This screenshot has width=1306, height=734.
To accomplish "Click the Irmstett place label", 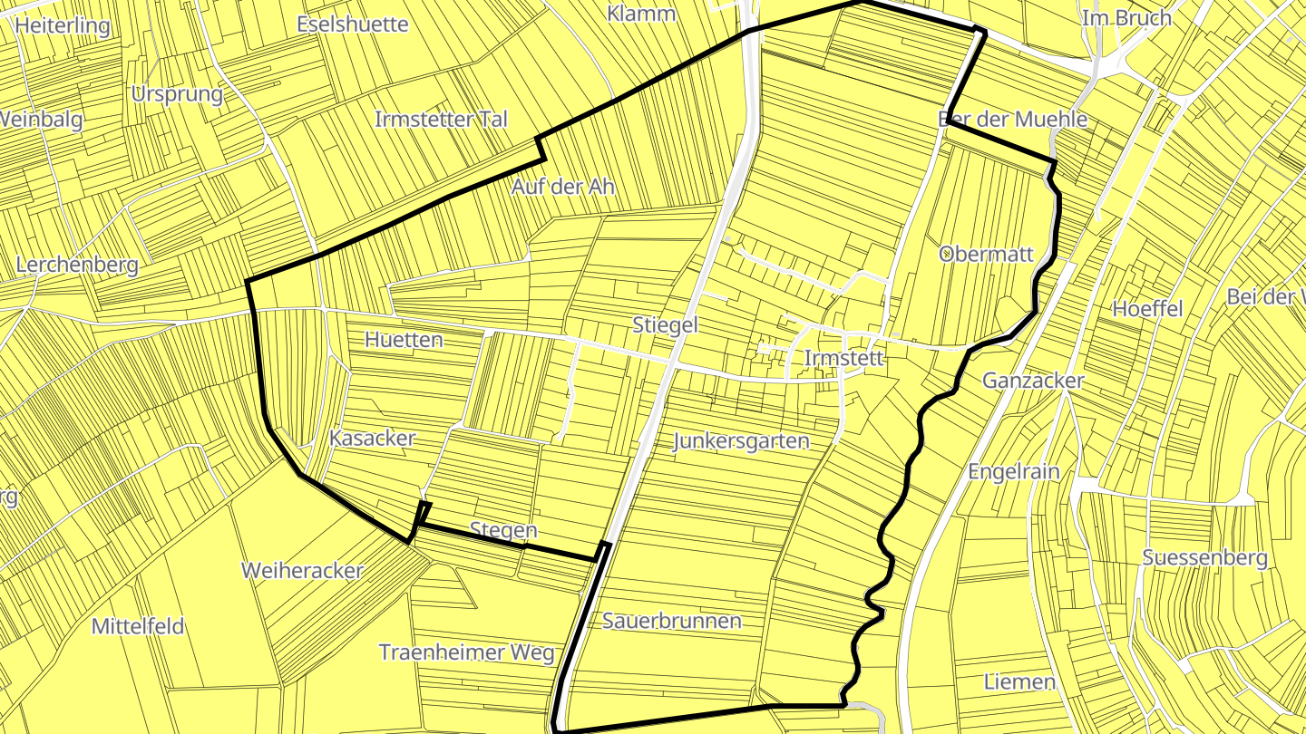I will (843, 359).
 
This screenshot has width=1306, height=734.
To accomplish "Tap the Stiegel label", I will (665, 325).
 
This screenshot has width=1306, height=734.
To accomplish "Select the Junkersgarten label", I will (741, 441).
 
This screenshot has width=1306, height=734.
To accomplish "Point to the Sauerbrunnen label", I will (672, 621).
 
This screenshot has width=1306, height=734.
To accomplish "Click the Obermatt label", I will (987, 254).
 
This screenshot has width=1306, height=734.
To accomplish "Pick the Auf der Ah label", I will (562, 187).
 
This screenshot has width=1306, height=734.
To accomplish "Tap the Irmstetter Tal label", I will (441, 119).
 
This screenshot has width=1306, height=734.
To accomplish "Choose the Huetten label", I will (404, 340).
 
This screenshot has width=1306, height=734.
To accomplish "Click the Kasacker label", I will (373, 439).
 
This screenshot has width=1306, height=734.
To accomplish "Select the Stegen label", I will (503, 529).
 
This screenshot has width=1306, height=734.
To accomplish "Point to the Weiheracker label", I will (302, 571).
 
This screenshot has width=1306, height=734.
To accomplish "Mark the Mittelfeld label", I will (138, 626).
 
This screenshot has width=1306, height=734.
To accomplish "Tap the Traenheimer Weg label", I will (466, 652).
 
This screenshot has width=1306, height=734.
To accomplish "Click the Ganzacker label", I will (1033, 381).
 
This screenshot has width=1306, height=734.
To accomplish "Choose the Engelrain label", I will (1013, 471).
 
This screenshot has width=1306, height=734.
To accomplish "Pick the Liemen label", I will (1019, 681).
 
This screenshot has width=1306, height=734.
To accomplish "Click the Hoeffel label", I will (1147, 309).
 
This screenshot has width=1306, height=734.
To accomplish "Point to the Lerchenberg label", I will (77, 265).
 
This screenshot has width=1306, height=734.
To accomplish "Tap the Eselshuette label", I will (353, 24).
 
